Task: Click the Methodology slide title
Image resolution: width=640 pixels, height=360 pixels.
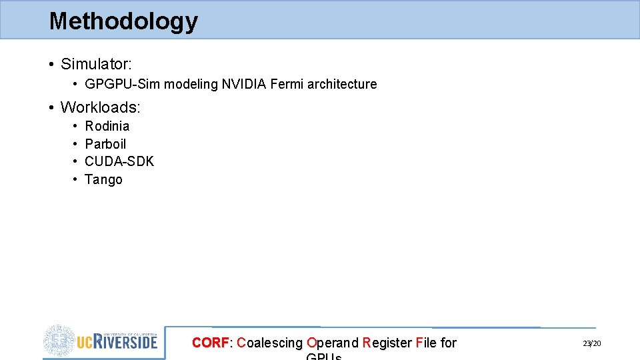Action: point(123,21)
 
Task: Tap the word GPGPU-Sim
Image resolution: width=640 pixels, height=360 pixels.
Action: point(123,85)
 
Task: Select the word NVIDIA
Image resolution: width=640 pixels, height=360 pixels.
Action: point(244,85)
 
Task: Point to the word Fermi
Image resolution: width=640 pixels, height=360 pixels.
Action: point(287,85)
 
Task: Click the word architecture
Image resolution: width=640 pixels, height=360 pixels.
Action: point(342,85)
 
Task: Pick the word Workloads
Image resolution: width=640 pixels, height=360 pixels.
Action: point(99,107)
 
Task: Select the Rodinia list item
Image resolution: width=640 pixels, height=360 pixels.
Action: point(107,126)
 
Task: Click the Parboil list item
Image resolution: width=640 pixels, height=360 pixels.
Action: point(105,144)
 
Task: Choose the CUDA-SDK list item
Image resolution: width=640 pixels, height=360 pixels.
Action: point(119,161)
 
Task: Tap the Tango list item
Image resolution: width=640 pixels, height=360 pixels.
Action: point(103,179)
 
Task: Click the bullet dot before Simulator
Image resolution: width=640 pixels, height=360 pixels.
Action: point(51,65)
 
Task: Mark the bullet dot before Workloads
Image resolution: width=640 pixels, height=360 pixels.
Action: point(51,107)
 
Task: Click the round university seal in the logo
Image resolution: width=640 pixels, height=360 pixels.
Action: point(60,341)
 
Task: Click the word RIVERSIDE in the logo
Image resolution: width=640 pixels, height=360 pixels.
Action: point(126,342)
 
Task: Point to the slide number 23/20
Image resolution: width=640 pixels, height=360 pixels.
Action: point(591,343)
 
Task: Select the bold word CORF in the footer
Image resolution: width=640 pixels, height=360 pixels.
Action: point(210,343)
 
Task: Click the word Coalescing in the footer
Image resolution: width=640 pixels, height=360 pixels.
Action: point(269,343)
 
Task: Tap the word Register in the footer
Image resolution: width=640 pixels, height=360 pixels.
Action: point(387,343)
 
